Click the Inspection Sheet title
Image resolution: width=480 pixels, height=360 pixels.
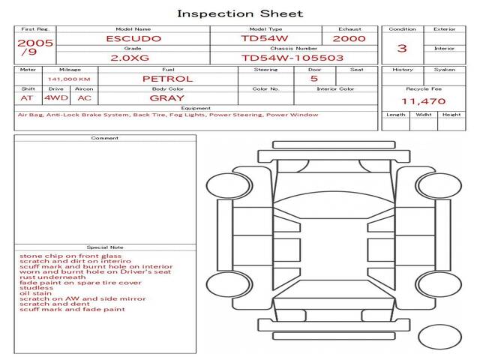tap(240, 13)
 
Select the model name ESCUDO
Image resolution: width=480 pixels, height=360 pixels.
tap(133, 38)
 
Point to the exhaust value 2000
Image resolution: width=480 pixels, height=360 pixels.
tap(349, 38)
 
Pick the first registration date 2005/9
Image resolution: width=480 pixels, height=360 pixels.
tap(34, 47)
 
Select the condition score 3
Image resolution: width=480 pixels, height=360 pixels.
tap(402, 48)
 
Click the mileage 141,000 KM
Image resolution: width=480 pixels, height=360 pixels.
tap(69, 79)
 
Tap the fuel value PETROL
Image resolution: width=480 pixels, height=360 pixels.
tap(168, 78)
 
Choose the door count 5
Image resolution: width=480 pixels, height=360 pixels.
tap(313, 78)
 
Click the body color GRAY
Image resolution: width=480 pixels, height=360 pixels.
tap(167, 97)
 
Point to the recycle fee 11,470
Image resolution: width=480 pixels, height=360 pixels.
tap(424, 101)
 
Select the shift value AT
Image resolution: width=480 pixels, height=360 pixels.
tap(27, 97)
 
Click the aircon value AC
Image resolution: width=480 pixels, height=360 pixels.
tap(84, 97)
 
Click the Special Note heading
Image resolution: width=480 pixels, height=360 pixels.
tap(105, 247)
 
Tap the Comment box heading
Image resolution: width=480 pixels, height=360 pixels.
tap(105, 138)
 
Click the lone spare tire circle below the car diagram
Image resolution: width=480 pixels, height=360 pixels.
tap(439, 337)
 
